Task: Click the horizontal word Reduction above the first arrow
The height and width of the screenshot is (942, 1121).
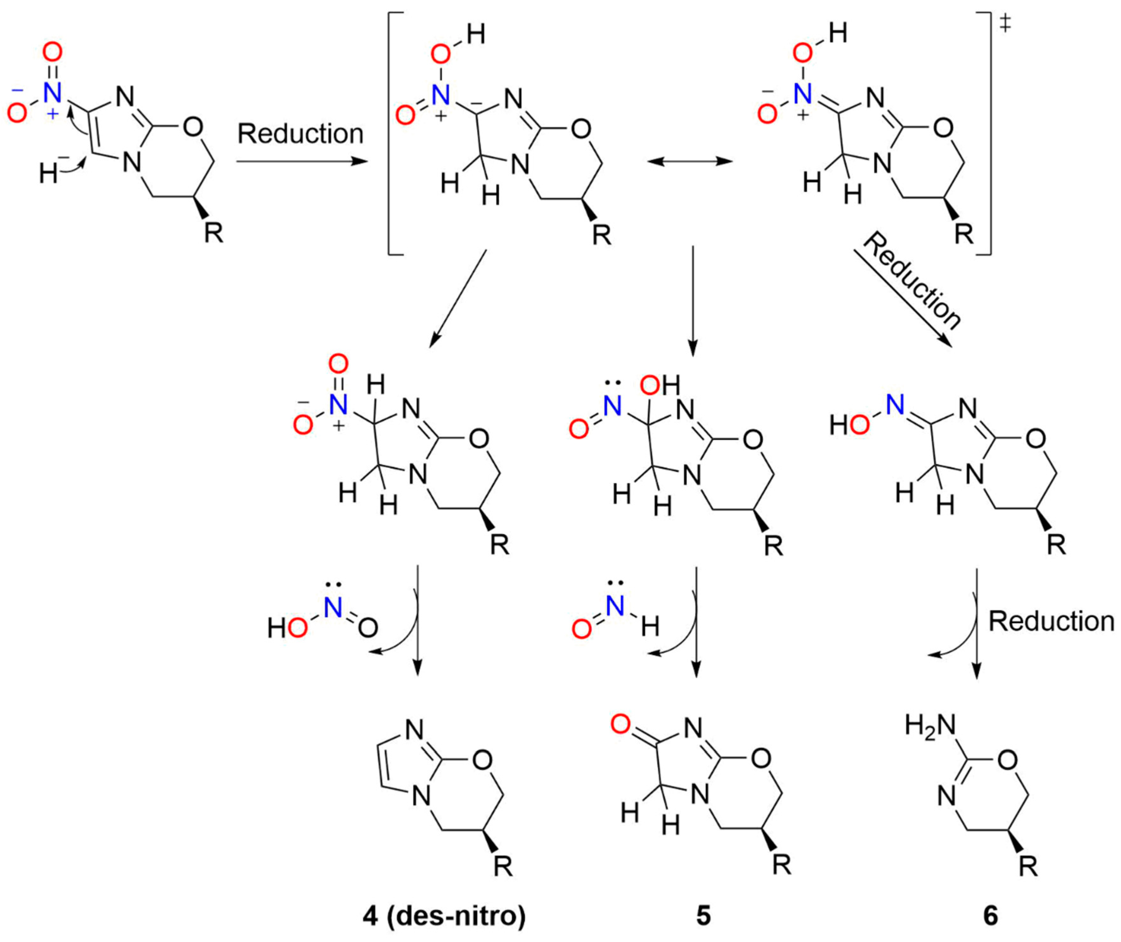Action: click(x=300, y=133)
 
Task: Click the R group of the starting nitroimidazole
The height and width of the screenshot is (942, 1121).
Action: click(x=214, y=233)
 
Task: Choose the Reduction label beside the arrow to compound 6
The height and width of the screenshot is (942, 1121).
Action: click(x=1051, y=621)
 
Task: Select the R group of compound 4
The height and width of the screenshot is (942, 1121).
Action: click(x=502, y=866)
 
